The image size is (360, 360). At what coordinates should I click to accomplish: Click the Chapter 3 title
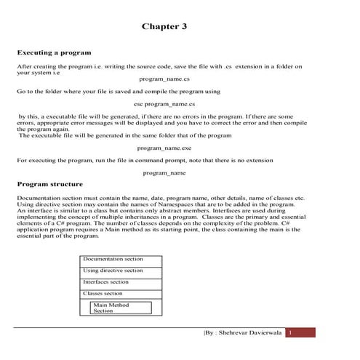[164, 26]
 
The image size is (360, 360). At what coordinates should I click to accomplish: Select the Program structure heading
[49, 184]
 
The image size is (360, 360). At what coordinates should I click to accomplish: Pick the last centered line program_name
[164, 172]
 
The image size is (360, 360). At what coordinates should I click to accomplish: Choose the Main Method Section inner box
[121, 308]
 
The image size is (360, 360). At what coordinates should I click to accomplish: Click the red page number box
[300, 332]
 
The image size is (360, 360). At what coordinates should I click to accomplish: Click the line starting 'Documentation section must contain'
[160, 198]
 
